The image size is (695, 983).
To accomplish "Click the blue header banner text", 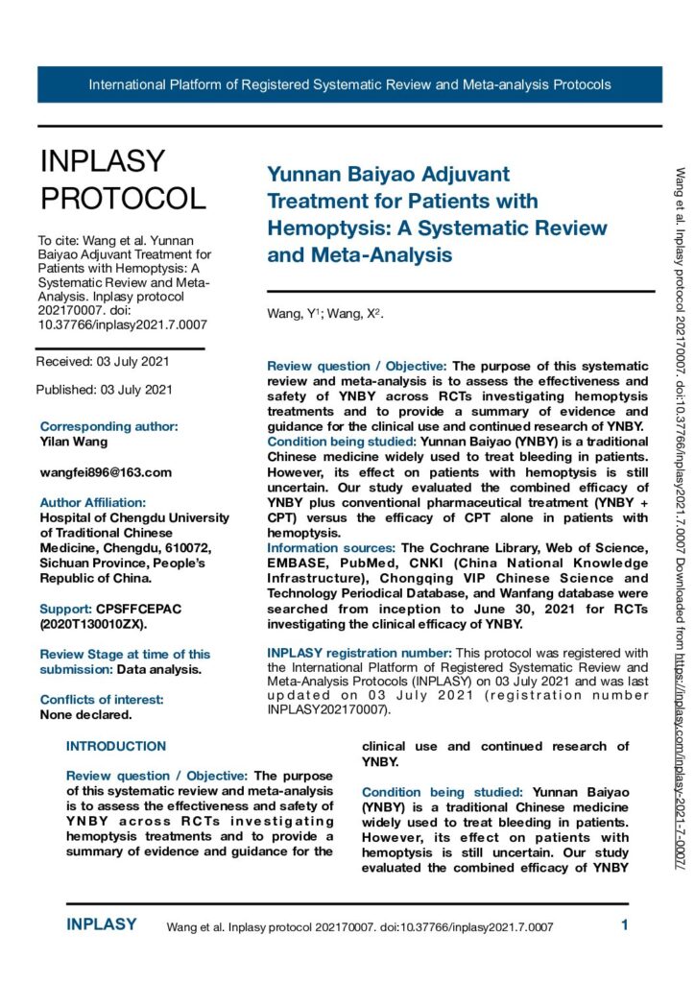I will click(x=349, y=84).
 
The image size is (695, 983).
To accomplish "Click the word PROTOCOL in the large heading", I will click(x=122, y=198).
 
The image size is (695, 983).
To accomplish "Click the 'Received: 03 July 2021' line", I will click(x=103, y=362).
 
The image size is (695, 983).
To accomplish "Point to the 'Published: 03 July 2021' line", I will click(x=104, y=389).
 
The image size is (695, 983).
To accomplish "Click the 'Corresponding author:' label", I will click(x=108, y=426).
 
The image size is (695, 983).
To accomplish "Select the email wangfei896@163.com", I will click(x=106, y=472).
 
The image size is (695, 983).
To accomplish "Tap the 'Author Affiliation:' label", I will click(x=93, y=502).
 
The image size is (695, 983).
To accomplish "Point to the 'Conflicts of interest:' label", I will click(x=102, y=700).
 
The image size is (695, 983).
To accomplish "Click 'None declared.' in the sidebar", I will click(x=85, y=714).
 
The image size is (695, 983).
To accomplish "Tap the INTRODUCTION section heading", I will click(x=115, y=746).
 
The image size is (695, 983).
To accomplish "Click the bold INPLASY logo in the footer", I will click(x=102, y=925).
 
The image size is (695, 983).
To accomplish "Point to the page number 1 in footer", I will click(x=624, y=925).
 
